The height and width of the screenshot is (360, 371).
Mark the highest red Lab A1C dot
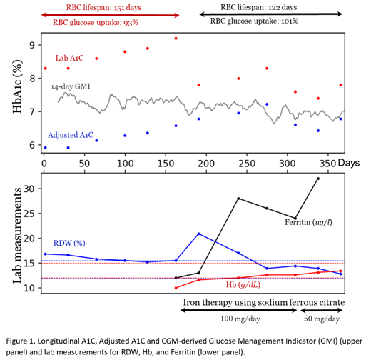coord(176,39)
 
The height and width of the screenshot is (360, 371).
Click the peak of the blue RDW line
coord(198,234)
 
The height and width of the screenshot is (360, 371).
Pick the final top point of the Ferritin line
coord(317,179)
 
